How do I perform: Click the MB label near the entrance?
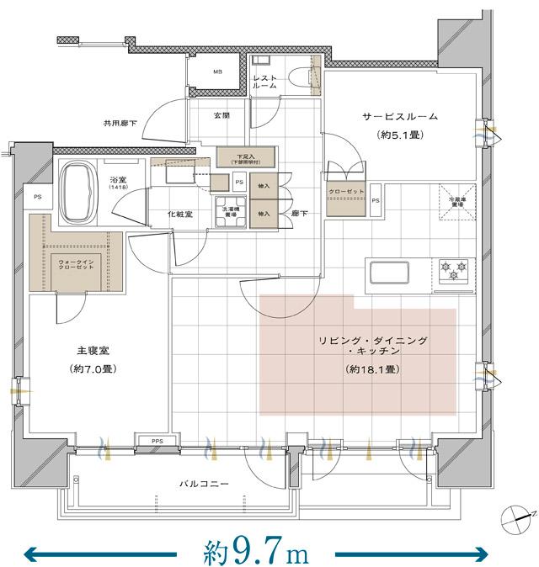[x=216, y=72]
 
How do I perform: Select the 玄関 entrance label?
[x=221, y=115]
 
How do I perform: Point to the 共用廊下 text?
[x=121, y=120]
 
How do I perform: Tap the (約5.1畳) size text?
[x=400, y=135]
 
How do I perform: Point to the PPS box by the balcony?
[x=157, y=440]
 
